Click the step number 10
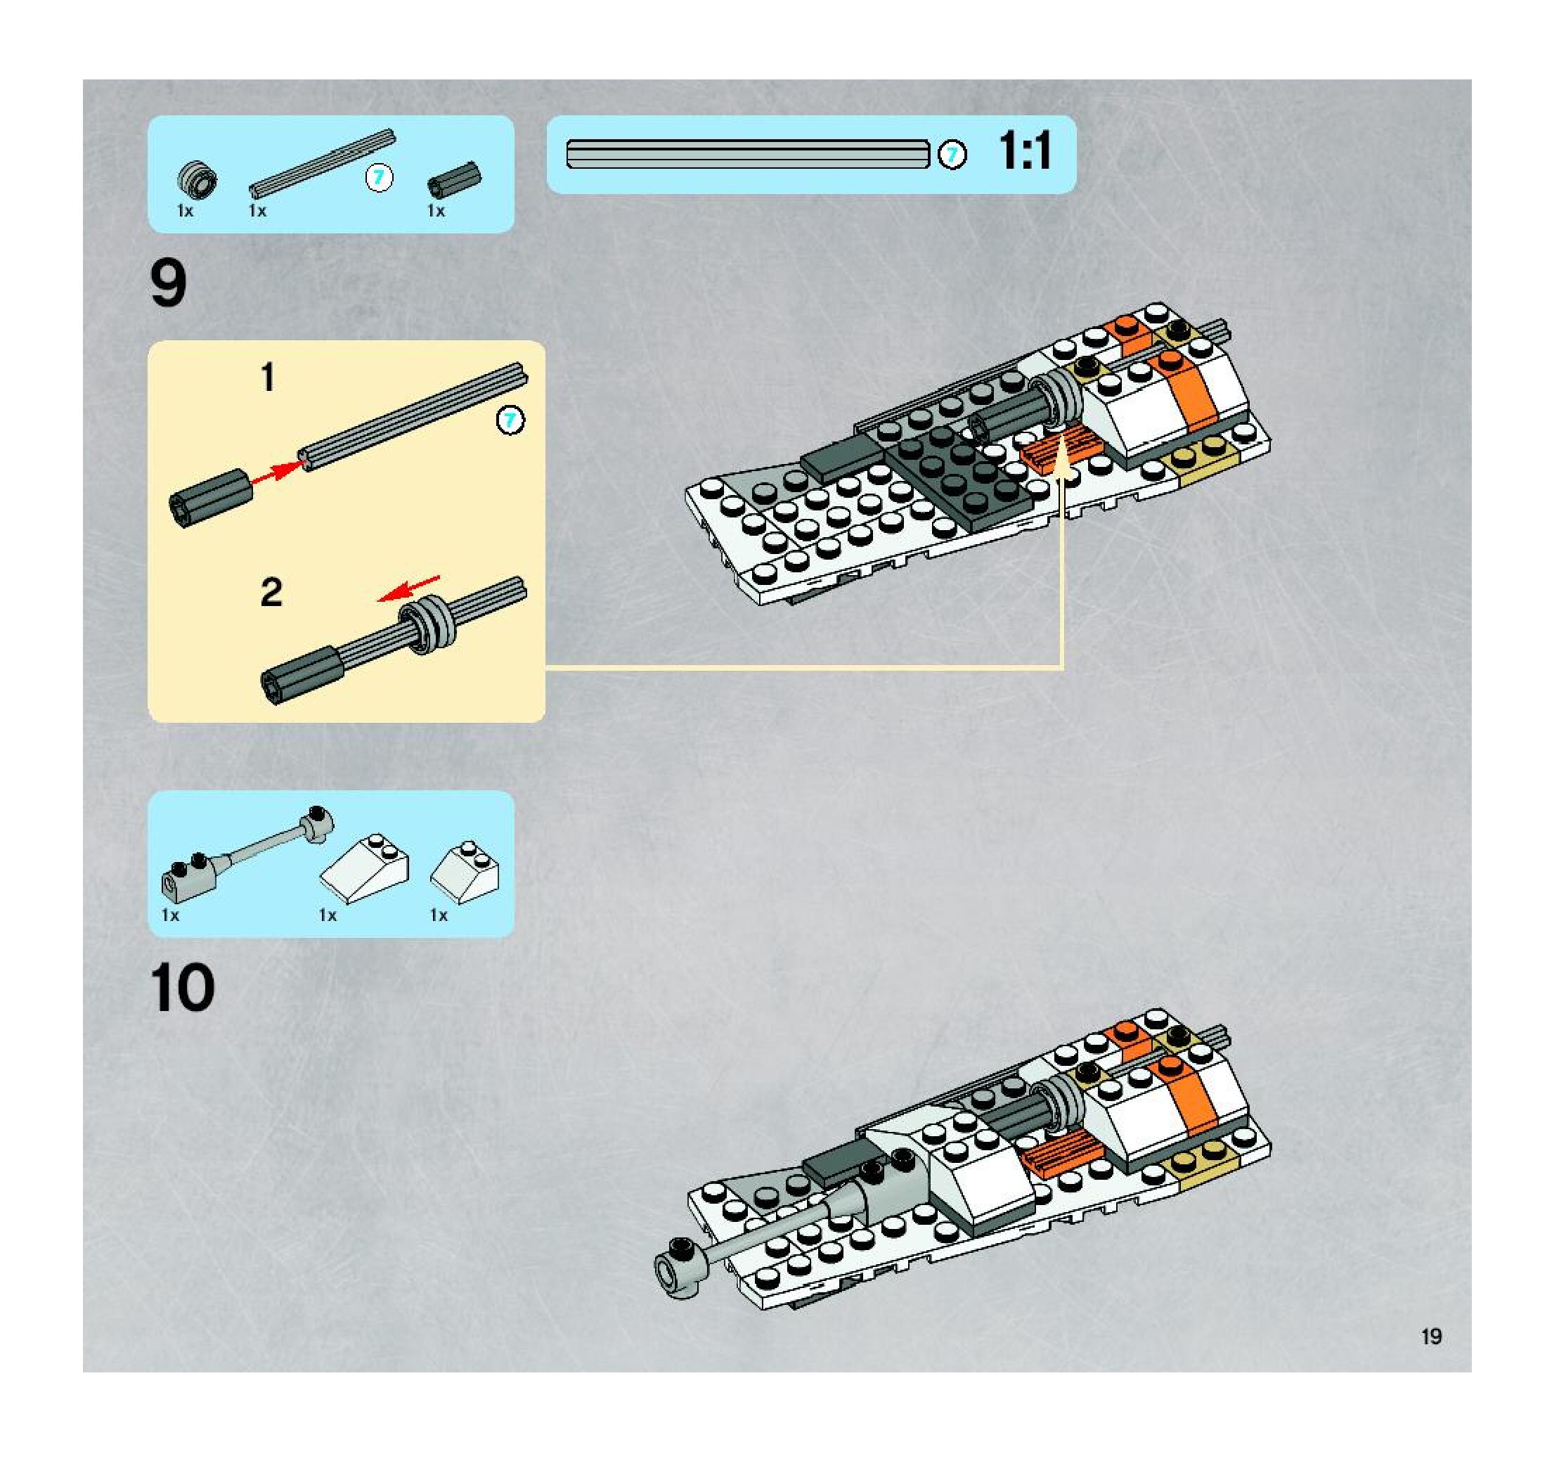[183, 987]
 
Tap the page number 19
[1431, 1337]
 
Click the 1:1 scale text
[1025, 151]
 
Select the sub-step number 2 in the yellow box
[271, 592]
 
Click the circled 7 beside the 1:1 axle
[952, 155]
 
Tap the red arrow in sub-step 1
[276, 472]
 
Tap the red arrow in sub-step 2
[408, 589]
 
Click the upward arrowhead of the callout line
[1063, 459]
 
